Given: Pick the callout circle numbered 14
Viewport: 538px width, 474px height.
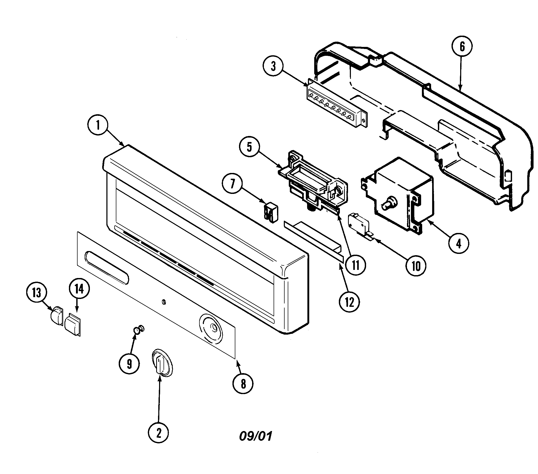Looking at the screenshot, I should (x=79, y=289).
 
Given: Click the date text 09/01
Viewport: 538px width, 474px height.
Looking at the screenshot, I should (x=255, y=437).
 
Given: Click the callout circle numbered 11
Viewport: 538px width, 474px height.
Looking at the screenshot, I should (x=355, y=265).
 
